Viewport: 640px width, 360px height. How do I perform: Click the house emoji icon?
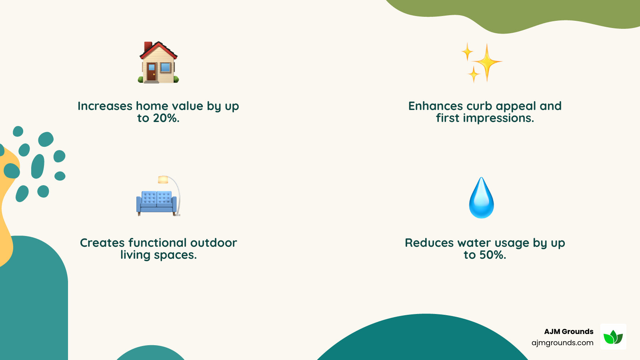[158, 63]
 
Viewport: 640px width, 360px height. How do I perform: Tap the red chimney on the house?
[148, 47]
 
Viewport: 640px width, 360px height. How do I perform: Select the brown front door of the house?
[151, 72]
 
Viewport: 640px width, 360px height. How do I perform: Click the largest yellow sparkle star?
[487, 62]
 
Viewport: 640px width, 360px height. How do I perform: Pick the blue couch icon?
[156, 202]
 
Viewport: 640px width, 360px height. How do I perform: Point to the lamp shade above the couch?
[163, 180]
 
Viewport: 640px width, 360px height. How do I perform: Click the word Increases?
[105, 106]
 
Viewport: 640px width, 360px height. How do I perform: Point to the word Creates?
[102, 243]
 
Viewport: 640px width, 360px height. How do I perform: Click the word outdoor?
[214, 243]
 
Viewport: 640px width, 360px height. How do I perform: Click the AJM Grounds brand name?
[568, 332]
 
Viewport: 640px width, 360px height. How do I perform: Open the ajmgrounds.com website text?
[562, 343]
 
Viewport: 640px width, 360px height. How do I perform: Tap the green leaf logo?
[613, 337]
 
